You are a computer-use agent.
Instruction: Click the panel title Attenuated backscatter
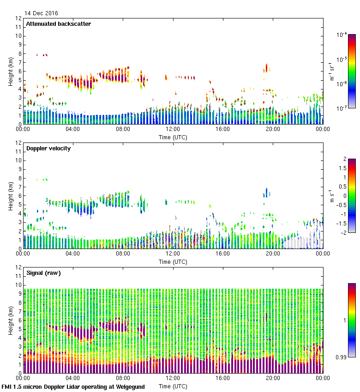59,24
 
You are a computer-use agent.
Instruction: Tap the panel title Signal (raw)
43,273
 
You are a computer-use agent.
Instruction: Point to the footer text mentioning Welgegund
73,387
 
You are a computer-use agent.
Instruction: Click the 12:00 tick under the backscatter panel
173,130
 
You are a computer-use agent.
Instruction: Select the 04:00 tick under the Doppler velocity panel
73,254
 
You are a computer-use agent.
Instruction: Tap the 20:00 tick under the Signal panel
273,379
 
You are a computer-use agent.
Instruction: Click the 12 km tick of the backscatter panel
18,18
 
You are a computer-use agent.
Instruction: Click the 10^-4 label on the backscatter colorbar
342,35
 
